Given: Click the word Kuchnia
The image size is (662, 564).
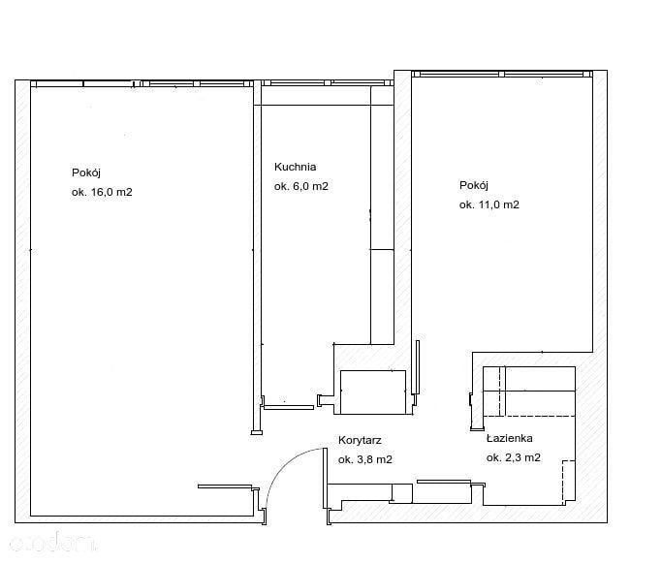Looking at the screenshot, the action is pyautogui.click(x=295, y=167).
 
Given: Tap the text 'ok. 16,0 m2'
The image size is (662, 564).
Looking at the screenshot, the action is pyautogui.click(x=102, y=192).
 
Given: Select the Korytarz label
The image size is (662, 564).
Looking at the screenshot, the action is pyautogui.click(x=360, y=440).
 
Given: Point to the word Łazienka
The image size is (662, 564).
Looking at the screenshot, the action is pyautogui.click(x=509, y=438).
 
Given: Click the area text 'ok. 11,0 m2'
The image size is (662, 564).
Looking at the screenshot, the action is pyautogui.click(x=489, y=204).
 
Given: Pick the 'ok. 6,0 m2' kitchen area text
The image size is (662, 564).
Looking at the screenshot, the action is pyautogui.click(x=301, y=186).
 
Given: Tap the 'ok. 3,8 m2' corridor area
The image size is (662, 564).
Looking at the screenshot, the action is pyautogui.click(x=365, y=459).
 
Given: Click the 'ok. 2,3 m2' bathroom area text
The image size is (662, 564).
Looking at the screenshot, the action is pyautogui.click(x=514, y=457).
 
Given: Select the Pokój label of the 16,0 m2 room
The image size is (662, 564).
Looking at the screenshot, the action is pyautogui.click(x=86, y=172).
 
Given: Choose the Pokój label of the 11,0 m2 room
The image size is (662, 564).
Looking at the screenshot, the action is pyautogui.click(x=474, y=185).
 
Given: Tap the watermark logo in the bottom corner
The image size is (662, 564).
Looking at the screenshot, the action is pyautogui.click(x=52, y=543).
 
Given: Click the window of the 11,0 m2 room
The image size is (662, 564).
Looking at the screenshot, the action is pyautogui.click(x=502, y=75).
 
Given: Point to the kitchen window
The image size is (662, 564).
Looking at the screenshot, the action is pyautogui.click(x=328, y=82).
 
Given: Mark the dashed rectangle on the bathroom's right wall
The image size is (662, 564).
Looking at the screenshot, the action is pyautogui.click(x=569, y=480).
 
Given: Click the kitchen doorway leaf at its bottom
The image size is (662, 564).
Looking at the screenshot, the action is pyautogui.click(x=289, y=407).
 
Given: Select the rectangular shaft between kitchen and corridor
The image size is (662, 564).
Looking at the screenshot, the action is pyautogui.click(x=373, y=392).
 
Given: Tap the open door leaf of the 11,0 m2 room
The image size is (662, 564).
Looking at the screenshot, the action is pyautogui.click(x=418, y=367).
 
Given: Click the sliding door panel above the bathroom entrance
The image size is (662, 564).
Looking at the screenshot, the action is pyautogui.click(x=444, y=482).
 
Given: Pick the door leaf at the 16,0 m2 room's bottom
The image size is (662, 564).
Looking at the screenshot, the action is pyautogui.click(x=225, y=486).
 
